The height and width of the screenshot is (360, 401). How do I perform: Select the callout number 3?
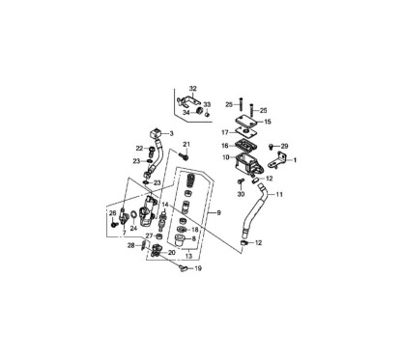tap(170, 133)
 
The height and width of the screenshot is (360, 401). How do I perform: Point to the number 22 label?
tap(139, 148)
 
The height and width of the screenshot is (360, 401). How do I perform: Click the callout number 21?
tap(187, 145)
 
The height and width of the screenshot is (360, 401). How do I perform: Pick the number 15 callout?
tap(268, 123)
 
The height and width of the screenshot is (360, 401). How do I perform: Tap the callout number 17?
tap(224, 132)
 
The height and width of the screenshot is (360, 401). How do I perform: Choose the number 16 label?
tap(224, 145)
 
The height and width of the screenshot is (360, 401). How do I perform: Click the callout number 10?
tap(224, 157)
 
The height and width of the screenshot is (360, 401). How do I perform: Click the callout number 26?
tap(113, 213)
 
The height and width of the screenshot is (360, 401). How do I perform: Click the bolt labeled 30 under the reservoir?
tap(241, 181)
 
